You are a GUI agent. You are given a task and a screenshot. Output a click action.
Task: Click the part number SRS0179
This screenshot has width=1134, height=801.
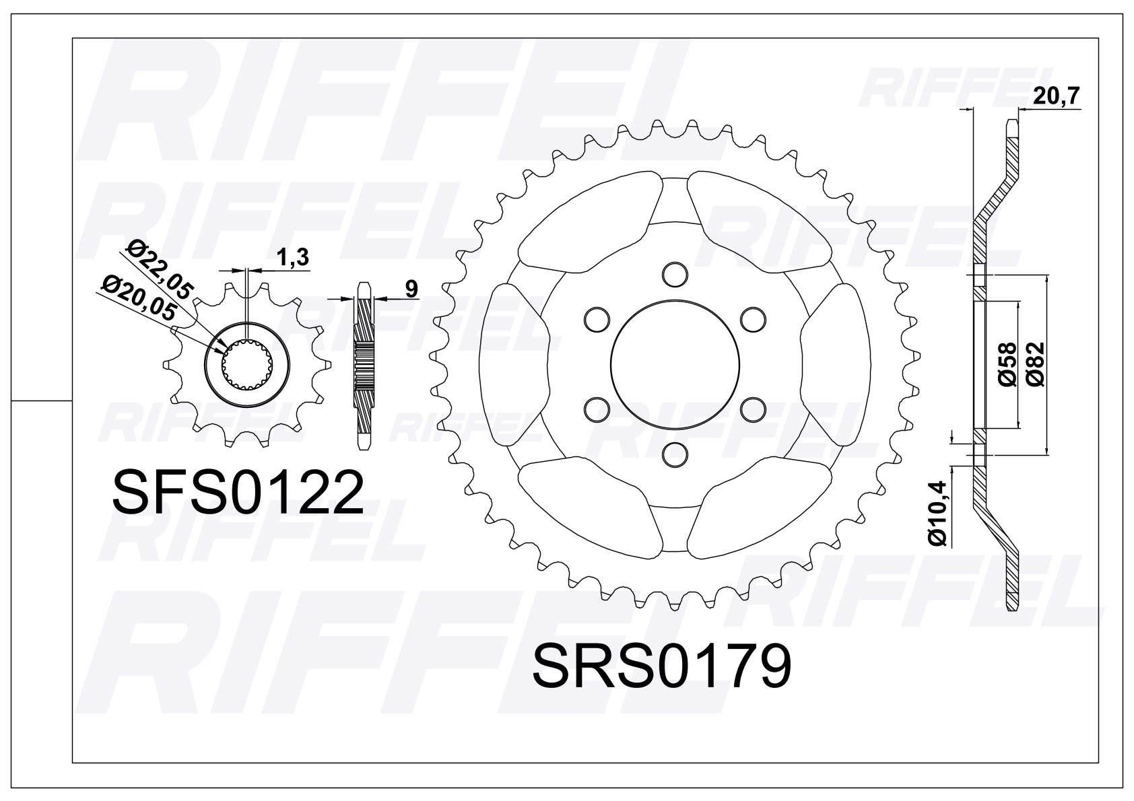pos(661,666)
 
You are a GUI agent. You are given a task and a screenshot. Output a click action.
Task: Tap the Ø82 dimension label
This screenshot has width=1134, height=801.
pos(1036,363)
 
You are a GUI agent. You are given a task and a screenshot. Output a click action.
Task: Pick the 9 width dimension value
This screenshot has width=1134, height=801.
pos(411,288)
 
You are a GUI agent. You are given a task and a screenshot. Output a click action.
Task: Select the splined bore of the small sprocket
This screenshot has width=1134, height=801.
pos(247,366)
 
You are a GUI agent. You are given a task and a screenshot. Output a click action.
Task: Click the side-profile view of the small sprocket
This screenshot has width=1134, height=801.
pos(364,365)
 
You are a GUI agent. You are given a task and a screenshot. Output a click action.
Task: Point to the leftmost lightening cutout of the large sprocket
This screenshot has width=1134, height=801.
pos(520,364)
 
